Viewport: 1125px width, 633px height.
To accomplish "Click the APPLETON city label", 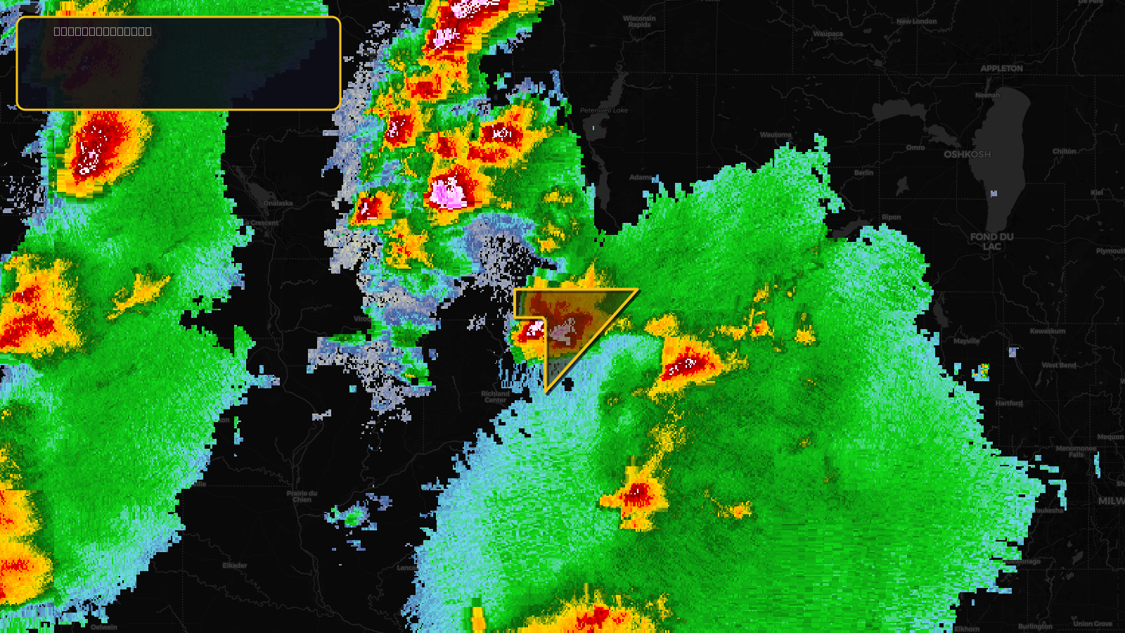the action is (1001, 68).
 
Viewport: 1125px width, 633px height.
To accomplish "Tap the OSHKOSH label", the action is (967, 154).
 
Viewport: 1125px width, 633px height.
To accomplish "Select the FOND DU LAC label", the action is (991, 241).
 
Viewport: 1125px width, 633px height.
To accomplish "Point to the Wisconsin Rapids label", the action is (639, 22).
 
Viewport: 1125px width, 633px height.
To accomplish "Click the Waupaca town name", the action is (828, 34).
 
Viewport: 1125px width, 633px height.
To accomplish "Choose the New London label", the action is (916, 21).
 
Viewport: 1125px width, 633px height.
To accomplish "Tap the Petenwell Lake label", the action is (604, 110).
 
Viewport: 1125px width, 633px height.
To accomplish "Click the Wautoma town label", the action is (776, 134).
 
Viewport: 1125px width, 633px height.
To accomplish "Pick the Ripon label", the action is (891, 217).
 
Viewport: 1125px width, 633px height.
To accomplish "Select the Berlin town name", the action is (863, 172).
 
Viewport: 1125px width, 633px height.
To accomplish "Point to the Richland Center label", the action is (495, 397).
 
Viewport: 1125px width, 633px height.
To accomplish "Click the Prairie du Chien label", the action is (302, 497).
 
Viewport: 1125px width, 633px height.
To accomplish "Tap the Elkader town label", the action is (235, 565).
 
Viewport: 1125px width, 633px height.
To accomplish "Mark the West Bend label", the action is (1058, 365).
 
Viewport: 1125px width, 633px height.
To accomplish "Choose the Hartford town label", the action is (1008, 403).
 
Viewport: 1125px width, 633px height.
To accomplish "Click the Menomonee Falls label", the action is (1076, 451).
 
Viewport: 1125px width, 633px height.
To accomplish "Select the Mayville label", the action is (967, 341).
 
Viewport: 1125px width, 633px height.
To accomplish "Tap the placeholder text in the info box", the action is (103, 31).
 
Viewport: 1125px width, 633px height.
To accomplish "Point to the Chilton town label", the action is (1064, 151).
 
